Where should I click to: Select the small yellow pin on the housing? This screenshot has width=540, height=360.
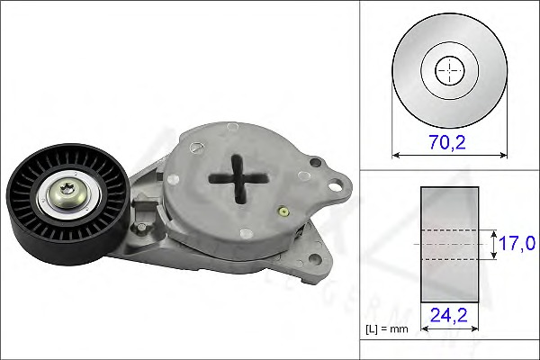[x=283, y=211]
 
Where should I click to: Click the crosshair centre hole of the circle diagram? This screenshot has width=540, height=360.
[x=449, y=69]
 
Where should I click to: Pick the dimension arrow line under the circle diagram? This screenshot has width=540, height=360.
[x=448, y=155]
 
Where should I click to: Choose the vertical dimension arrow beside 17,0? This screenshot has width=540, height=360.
[x=494, y=243]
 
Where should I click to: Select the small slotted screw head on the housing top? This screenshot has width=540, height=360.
[x=314, y=163]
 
